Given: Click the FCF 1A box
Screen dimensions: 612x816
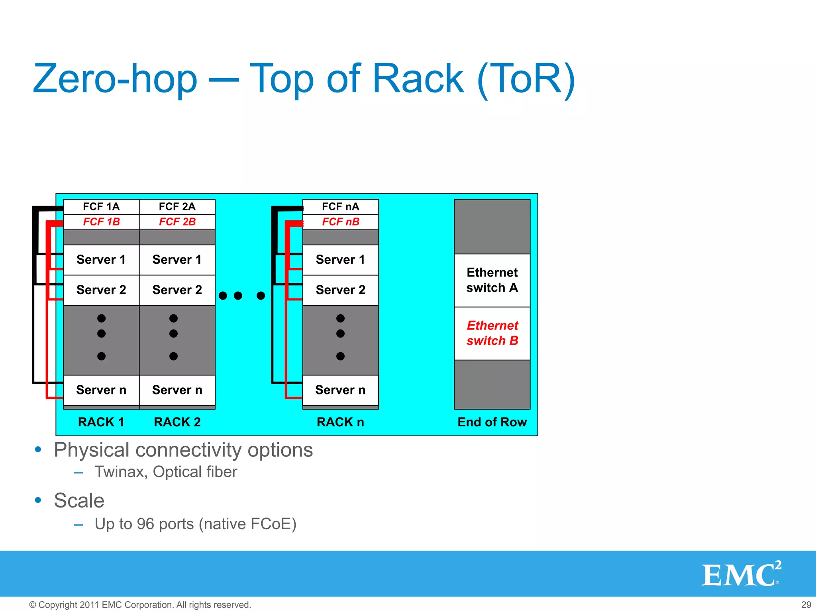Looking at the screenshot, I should point(101,207).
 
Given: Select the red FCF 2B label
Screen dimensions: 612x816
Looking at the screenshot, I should point(177,222).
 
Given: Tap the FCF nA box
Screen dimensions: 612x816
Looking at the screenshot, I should point(341,207).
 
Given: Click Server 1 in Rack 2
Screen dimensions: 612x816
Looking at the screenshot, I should point(177,260).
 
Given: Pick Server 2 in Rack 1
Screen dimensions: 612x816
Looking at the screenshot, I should point(101,290).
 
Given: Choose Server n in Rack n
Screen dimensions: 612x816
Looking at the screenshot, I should point(341,390).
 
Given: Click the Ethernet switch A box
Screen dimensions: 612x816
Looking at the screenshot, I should point(492,280).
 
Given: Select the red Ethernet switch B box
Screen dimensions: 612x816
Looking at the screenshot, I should point(492,333).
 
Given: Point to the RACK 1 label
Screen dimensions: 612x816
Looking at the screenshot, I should point(101,422).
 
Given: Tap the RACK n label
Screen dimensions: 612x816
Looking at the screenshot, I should point(341,422).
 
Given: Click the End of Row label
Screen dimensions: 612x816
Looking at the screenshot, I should point(492,422).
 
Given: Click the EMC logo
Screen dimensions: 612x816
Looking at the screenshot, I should point(741,574).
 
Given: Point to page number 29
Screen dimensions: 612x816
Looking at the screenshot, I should point(806,605).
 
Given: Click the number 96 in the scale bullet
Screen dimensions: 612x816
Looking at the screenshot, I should point(145,524).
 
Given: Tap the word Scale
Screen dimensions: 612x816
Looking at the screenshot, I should point(79,501).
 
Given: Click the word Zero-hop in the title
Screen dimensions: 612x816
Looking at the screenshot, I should point(115,79).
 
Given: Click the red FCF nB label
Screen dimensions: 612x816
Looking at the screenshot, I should point(341,222).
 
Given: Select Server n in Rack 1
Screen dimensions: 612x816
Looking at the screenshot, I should point(101,390).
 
